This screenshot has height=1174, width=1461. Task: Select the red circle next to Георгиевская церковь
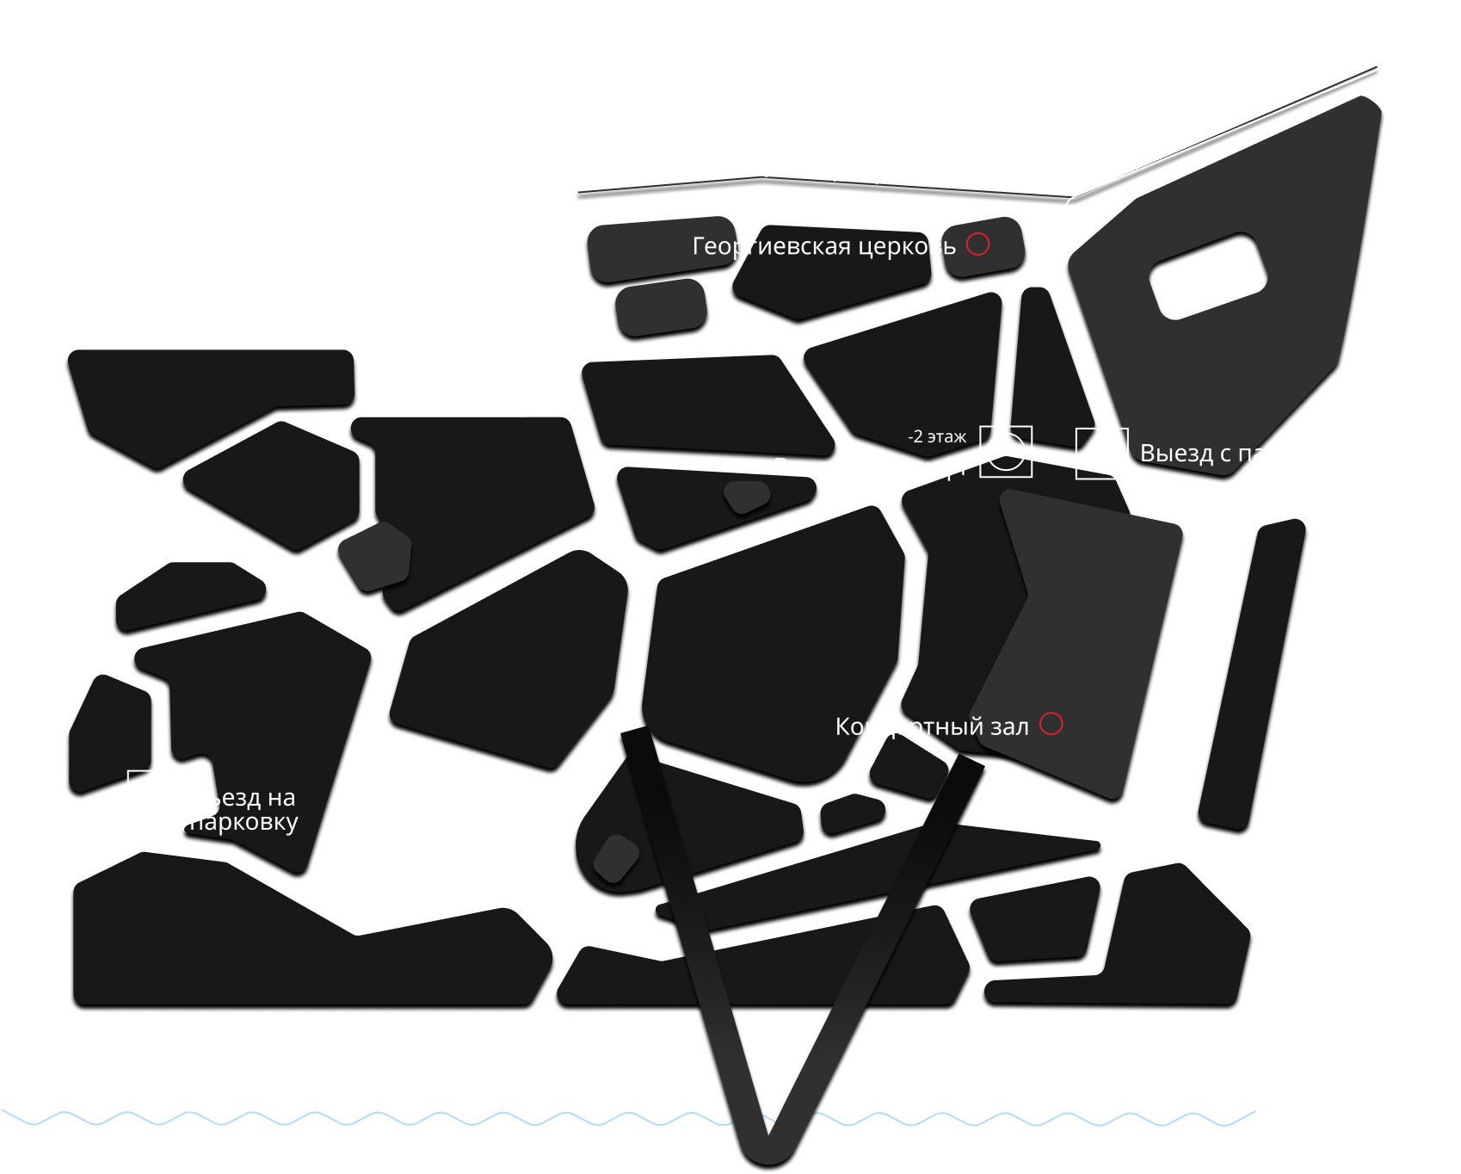click(977, 244)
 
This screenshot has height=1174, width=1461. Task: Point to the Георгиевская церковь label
click(823, 246)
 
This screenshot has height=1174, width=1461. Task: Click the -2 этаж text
click(937, 436)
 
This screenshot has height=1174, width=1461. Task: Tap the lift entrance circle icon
click(1006, 451)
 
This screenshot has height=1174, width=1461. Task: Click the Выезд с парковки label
click(1244, 454)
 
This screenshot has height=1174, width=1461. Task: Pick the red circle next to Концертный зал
click(1051, 724)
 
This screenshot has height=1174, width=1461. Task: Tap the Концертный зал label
click(932, 727)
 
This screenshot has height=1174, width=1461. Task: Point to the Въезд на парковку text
click(243, 810)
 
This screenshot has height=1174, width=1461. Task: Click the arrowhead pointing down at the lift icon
click(1004, 401)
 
